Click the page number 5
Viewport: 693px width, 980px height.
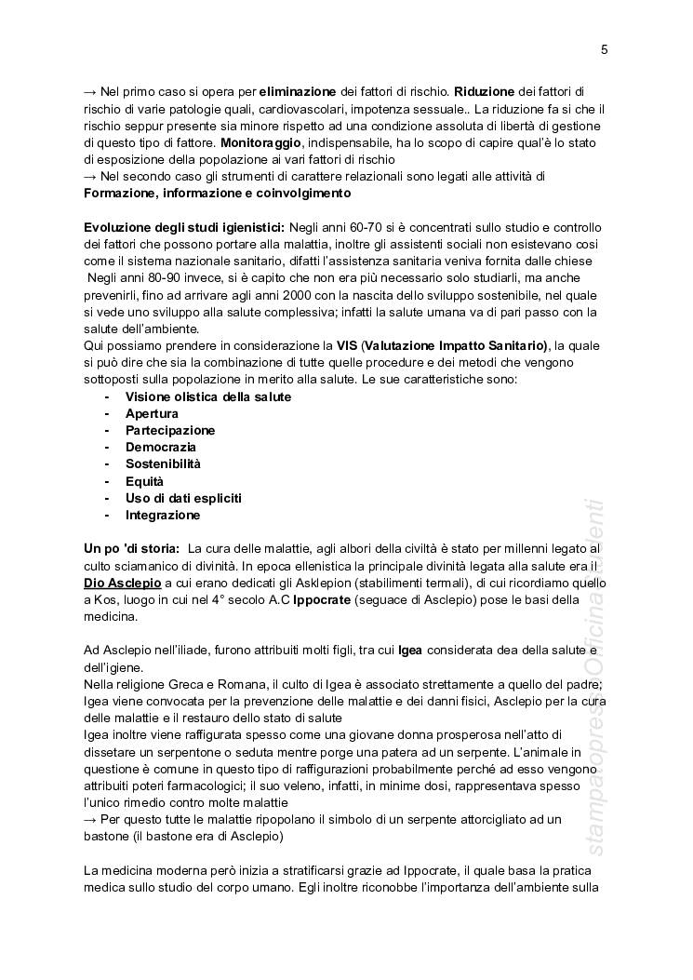[605, 50]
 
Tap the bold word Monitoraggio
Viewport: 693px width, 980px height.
[260, 142]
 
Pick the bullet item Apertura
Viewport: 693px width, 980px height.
[152, 413]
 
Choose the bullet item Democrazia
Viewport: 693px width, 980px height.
[160, 447]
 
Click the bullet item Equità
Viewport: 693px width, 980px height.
[144, 481]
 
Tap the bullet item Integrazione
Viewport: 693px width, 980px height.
[163, 515]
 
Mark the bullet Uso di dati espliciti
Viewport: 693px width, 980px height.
[183, 498]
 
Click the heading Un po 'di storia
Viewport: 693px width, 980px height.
[131, 548]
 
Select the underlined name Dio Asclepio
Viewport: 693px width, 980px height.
[123, 582]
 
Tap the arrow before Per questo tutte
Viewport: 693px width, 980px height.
[90, 819]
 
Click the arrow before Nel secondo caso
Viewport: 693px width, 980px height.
[90, 176]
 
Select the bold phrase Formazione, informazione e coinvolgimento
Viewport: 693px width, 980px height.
[217, 194]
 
